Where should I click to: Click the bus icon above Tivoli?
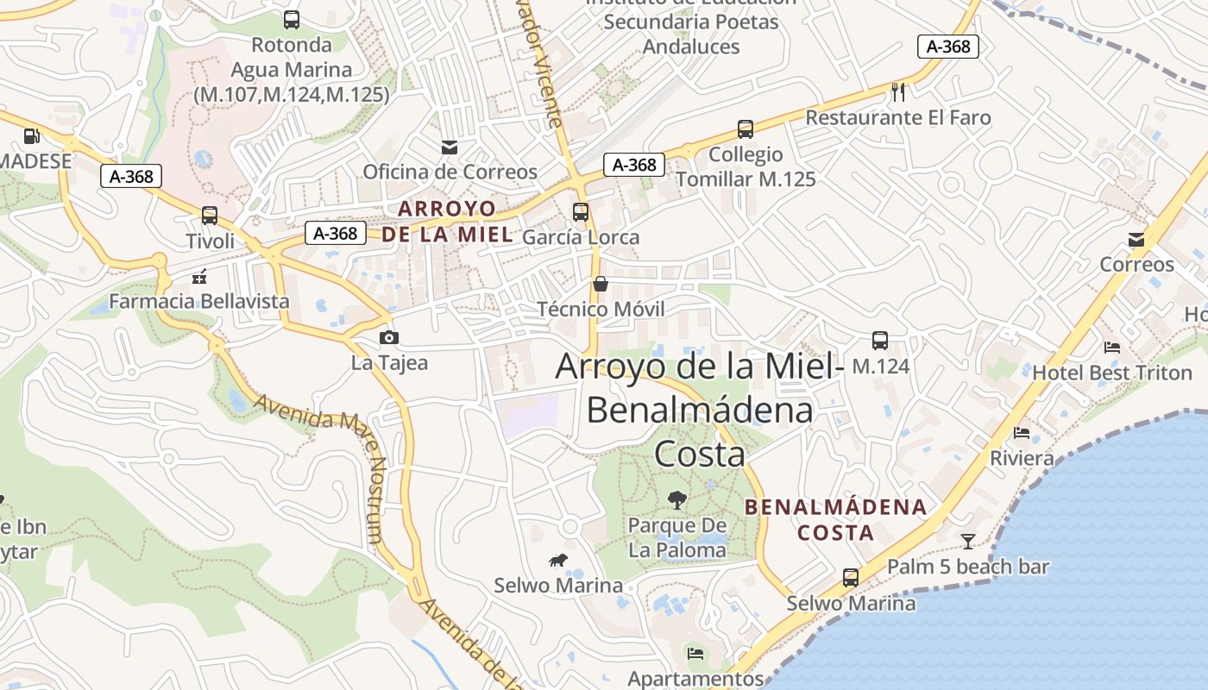[x=210, y=215]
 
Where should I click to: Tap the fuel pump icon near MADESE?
[x=32, y=135]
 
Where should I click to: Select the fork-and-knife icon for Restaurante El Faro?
[x=898, y=91]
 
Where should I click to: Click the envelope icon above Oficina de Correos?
[x=450, y=147]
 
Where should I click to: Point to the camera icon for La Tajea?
[x=389, y=337]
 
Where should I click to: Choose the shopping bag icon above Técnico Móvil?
[x=600, y=284]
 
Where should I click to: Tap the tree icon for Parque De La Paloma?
[x=677, y=499]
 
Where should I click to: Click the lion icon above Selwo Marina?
[x=558, y=561]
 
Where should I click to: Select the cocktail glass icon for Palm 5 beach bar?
[x=968, y=542]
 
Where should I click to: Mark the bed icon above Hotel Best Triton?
[x=1112, y=348]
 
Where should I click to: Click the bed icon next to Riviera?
[x=1022, y=432]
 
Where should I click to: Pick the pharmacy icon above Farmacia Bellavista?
[x=199, y=277]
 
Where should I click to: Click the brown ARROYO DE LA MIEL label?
[x=447, y=222]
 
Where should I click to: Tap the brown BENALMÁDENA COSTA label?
[x=835, y=519]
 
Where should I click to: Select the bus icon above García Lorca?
[x=581, y=212]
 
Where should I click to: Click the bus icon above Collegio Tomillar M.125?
[x=746, y=129]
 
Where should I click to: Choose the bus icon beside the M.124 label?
[x=880, y=341]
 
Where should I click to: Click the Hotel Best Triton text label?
[x=1112, y=373]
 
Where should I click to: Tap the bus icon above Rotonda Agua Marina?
[x=292, y=20]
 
